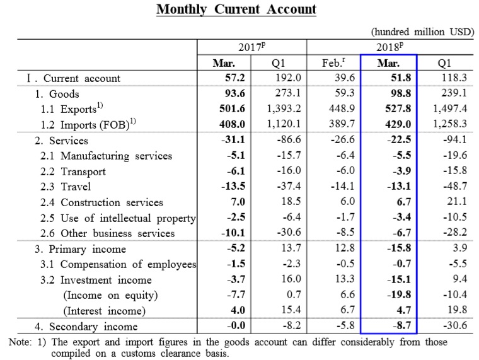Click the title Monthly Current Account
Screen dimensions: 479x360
236,9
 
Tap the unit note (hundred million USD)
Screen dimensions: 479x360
422,32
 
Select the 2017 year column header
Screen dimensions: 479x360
251,47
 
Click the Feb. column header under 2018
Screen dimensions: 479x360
333,62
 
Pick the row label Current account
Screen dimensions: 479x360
82,78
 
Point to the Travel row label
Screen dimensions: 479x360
76,187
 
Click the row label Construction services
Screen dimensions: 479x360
112,202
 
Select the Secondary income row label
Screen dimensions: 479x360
93,327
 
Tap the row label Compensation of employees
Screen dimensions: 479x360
129,264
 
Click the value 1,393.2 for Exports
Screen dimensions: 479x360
284,108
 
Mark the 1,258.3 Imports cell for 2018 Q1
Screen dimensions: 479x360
450,124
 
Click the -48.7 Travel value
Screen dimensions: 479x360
455,186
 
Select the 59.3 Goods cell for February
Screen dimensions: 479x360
345,93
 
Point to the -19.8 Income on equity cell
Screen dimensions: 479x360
399,294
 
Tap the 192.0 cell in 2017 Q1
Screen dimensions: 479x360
288,78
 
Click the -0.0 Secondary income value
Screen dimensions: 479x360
236,325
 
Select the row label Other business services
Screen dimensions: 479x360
118,233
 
